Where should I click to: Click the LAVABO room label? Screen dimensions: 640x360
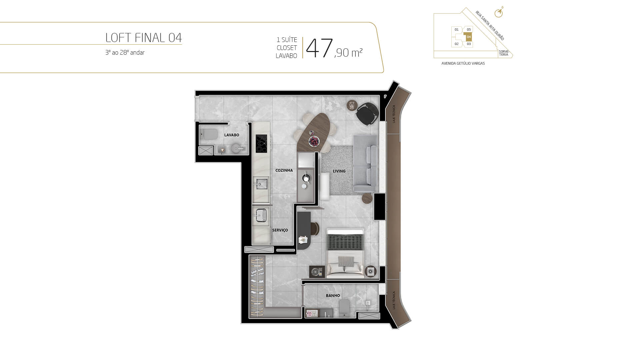232,135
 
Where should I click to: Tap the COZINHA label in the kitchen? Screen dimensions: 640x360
284,170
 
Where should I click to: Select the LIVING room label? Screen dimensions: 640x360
339,171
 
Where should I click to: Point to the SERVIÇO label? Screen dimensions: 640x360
280,230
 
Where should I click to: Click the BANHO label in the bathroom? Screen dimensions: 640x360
333,295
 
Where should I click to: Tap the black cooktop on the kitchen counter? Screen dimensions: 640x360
261,144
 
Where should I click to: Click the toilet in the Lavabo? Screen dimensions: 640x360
209,135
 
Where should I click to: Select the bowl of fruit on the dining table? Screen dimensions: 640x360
314,141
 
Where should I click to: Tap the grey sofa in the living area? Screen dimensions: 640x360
365,164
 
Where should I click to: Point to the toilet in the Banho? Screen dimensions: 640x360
344,308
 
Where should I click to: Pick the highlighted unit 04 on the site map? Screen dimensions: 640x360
469,37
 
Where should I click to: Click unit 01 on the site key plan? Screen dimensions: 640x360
456,30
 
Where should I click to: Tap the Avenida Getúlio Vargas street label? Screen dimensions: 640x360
463,63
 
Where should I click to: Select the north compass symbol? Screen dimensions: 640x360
499,12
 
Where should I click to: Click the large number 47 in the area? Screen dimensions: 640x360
319,48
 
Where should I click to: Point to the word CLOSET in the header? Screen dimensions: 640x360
287,48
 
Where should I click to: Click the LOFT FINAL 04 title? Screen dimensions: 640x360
144,38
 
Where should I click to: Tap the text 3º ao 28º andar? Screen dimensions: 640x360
125,53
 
